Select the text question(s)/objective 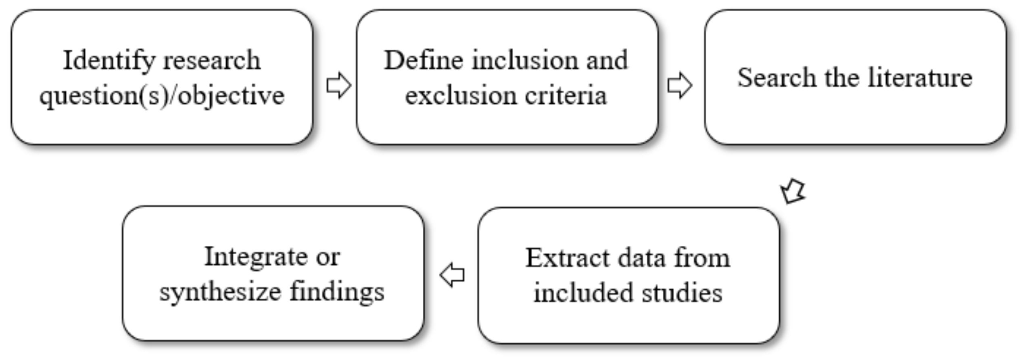pos(162,96)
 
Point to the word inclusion pos(524,61)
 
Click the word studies pos(682,293)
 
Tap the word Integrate pos(256,257)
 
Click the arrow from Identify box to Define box pos(338,85)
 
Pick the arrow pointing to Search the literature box pos(680,85)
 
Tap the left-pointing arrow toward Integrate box pos(452,275)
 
